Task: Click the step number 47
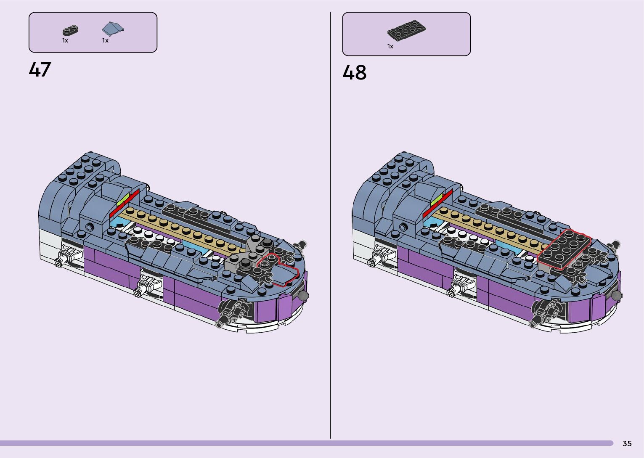tap(40, 69)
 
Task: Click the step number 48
tap(355, 72)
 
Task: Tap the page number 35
tap(627, 443)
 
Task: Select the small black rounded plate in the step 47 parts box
tap(71, 30)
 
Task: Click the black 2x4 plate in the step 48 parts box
tap(406, 30)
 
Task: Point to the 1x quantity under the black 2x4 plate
tap(390, 46)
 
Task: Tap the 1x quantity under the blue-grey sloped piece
tap(105, 40)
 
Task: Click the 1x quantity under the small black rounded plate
tap(65, 40)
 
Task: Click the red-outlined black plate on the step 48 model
tap(564, 249)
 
